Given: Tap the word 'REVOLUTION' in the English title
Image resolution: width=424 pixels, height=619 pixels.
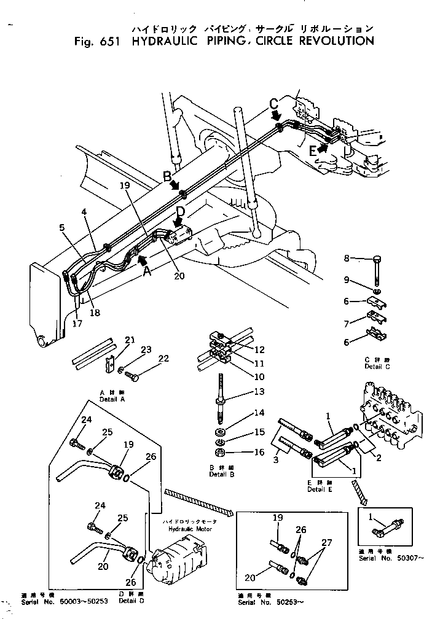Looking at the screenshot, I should pyautogui.click(x=336, y=41).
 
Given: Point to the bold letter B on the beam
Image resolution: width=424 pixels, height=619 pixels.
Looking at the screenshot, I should pyautogui.click(x=167, y=176).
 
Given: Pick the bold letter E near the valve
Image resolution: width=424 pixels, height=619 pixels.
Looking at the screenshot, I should pyautogui.click(x=313, y=149).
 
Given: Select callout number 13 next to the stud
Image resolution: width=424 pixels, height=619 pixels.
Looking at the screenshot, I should pyautogui.click(x=259, y=392).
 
